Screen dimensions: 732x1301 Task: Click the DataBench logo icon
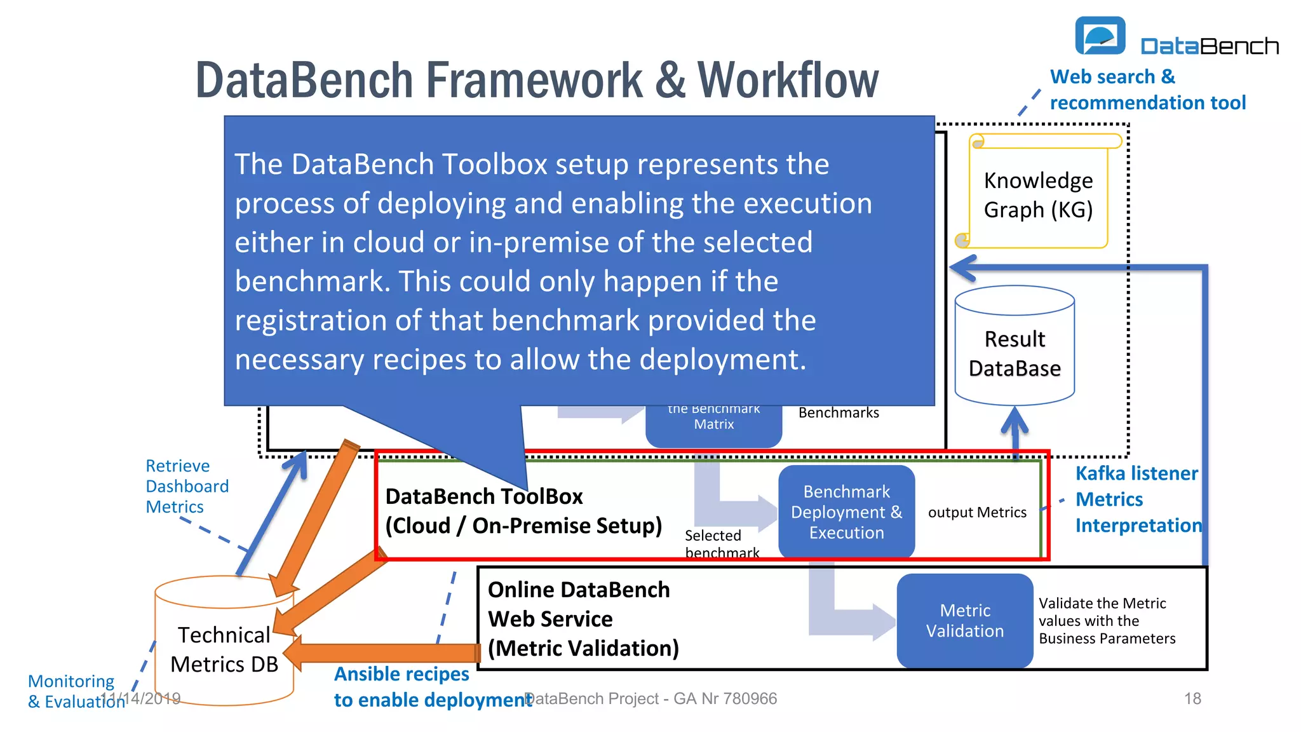click(x=1100, y=36)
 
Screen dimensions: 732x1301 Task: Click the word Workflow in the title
click(x=788, y=80)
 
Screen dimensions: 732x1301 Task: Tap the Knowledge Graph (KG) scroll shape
click(x=1038, y=194)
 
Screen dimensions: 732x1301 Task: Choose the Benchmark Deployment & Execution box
click(x=846, y=512)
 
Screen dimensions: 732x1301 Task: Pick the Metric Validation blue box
click(x=964, y=621)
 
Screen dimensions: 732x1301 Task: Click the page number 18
click(x=1192, y=699)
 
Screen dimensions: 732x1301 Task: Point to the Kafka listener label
click(x=1136, y=473)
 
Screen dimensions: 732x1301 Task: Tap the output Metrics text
click(x=977, y=512)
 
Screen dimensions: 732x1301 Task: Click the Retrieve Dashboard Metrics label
click(x=187, y=486)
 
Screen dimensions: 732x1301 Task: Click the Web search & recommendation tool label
click(x=1147, y=90)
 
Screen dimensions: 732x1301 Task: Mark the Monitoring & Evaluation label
click(x=71, y=691)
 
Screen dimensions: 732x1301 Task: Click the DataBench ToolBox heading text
click(x=484, y=496)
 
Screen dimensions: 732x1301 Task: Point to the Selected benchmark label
click(x=721, y=544)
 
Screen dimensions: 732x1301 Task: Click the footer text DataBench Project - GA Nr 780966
click(x=650, y=699)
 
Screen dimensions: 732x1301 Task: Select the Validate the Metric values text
click(x=1107, y=621)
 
